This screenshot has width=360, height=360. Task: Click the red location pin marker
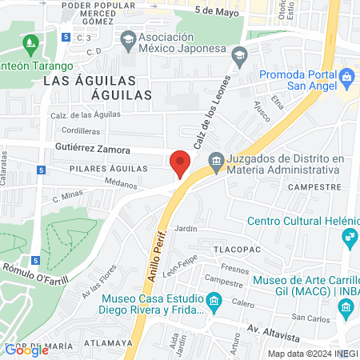(180, 163)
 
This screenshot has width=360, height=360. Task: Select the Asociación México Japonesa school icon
(128, 38)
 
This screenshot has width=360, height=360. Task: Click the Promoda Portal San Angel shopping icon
(346, 78)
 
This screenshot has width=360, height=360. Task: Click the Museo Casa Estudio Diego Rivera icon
(214, 302)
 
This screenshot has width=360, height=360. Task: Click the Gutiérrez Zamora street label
(92, 149)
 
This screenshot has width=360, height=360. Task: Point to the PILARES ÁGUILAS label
(109, 169)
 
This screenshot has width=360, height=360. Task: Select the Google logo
(26, 350)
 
